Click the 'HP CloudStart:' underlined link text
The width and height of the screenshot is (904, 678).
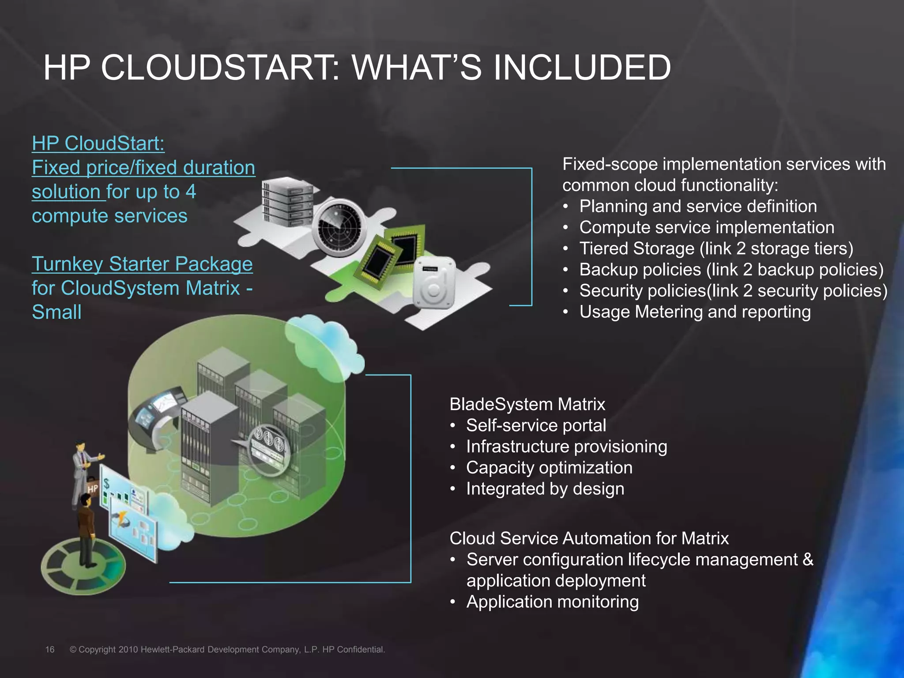click(98, 143)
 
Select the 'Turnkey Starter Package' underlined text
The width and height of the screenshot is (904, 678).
click(142, 264)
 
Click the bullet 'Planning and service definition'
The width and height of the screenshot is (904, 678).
click(698, 206)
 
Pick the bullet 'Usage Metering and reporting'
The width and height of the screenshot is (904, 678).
click(695, 312)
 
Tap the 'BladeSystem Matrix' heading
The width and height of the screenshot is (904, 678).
click(527, 404)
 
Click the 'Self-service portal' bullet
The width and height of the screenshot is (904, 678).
click(536, 426)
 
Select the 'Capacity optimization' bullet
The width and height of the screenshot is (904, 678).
click(549, 468)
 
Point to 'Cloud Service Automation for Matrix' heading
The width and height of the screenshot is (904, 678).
click(589, 539)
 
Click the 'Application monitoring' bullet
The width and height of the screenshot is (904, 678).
click(552, 602)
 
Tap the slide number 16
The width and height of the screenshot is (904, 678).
click(50, 649)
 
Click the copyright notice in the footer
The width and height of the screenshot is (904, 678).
click(227, 649)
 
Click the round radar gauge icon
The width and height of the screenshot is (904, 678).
click(339, 227)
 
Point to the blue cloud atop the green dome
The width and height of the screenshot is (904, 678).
click(324, 344)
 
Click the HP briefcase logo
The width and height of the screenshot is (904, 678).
click(92, 488)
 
